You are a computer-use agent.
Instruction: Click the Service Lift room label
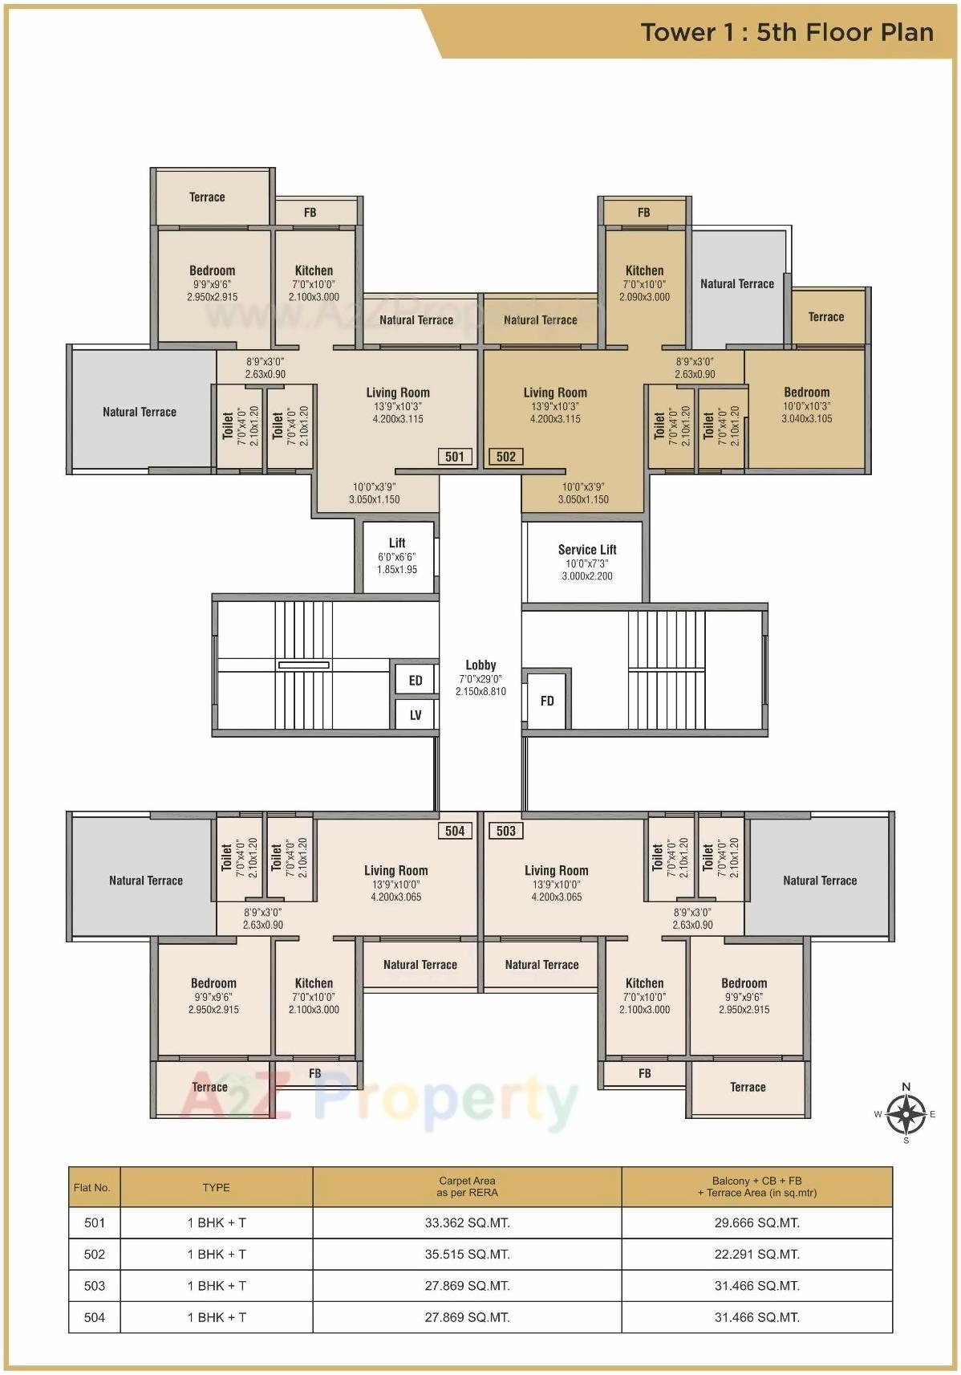[587, 551]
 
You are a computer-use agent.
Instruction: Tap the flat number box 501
[455, 457]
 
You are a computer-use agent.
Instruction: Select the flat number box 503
[506, 831]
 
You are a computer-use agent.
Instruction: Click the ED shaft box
[416, 681]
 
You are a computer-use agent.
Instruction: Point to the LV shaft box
[416, 715]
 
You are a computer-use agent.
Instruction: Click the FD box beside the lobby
[547, 701]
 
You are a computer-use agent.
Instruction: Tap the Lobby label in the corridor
[480, 665]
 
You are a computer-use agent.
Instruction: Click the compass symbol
[906, 1113]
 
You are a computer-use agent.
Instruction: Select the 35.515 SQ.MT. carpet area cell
[467, 1254]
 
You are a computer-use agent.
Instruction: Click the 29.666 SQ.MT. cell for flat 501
[756, 1222]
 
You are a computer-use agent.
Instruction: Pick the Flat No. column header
[92, 1187]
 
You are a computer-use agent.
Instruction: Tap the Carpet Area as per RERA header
[467, 1186]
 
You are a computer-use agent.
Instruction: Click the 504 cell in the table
[95, 1316]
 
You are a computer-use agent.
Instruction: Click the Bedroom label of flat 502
[806, 393]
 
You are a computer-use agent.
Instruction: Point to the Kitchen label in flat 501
[314, 271]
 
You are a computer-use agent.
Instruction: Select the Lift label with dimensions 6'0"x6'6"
[397, 543]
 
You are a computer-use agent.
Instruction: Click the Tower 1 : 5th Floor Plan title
[787, 32]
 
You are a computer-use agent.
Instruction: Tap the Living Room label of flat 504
[396, 871]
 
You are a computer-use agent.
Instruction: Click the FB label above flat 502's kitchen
[643, 213]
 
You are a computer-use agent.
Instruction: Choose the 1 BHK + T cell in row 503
[217, 1285]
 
